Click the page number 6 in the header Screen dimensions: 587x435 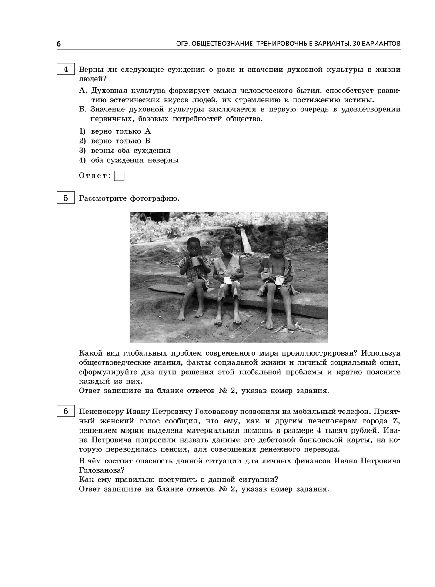pyautogui.click(x=59, y=44)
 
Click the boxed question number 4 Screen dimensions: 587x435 pyautogui.click(x=66, y=69)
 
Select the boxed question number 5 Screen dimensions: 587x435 pyautogui.click(x=66, y=198)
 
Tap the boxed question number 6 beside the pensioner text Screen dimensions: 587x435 pyautogui.click(x=66, y=411)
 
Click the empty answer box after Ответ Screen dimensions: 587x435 pyautogui.click(x=119, y=176)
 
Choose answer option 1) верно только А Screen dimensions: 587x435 pyautogui.click(x=115, y=131)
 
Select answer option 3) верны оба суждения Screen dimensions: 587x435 pyautogui.click(x=124, y=151)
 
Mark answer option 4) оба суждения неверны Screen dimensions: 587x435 pyautogui.click(x=128, y=160)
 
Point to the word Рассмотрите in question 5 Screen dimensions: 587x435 pyautogui.click(x=102, y=198)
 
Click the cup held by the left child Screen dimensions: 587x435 pyautogui.click(x=195, y=262)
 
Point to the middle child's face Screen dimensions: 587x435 pyautogui.click(x=227, y=245)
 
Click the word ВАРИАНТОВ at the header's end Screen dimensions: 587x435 pyautogui.click(x=379, y=44)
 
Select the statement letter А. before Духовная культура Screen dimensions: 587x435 pyautogui.click(x=84, y=91)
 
